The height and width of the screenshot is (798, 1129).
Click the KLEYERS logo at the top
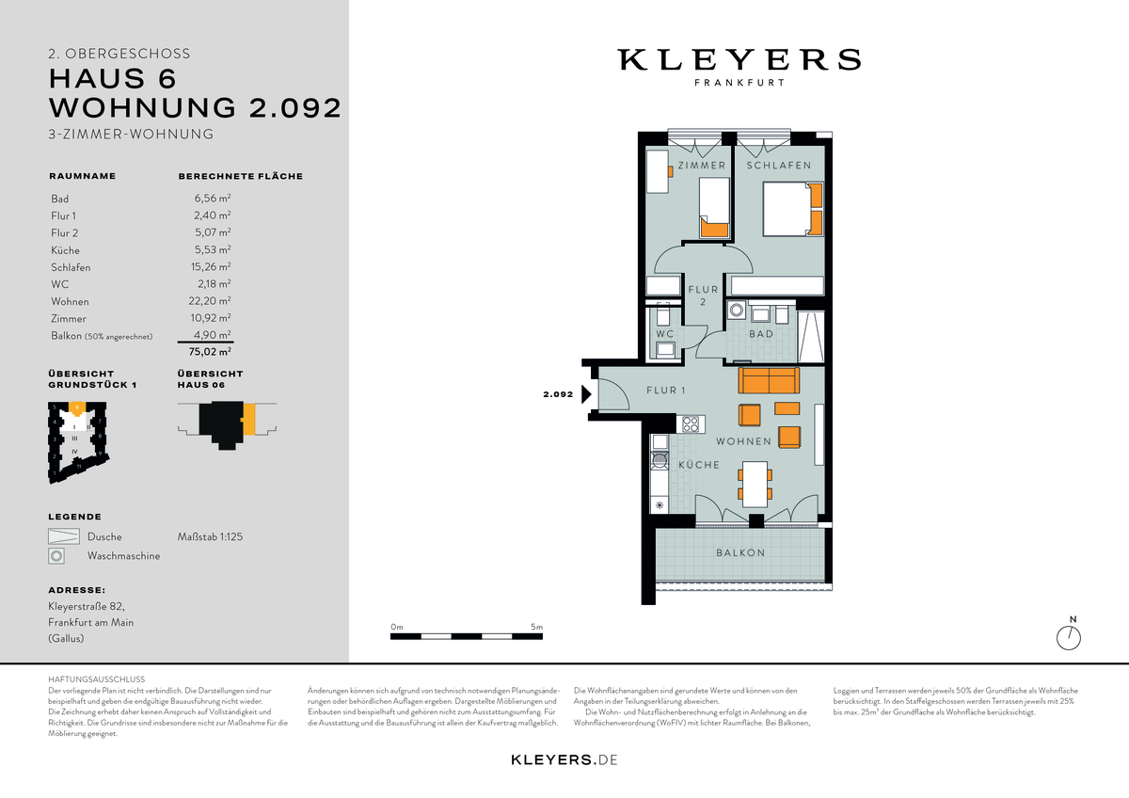(739, 60)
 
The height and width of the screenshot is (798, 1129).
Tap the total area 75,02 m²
(211, 352)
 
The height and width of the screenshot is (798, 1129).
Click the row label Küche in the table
(65, 250)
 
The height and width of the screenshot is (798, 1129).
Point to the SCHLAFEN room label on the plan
(779, 166)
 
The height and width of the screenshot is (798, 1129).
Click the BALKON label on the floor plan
(739, 553)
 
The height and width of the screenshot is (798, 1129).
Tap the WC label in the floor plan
(665, 334)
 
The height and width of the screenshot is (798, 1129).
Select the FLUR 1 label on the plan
(665, 391)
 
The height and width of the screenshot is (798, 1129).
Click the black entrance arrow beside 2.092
(586, 395)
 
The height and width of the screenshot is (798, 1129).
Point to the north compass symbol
(1070, 637)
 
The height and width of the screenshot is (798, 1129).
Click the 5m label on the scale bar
(536, 627)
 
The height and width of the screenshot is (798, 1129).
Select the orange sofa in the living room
(769, 381)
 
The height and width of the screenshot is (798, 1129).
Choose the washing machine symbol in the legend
(57, 556)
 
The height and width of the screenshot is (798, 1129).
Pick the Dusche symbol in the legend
(62, 536)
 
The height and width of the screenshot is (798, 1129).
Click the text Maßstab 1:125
(210, 537)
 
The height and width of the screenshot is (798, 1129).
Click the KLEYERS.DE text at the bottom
(564, 759)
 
